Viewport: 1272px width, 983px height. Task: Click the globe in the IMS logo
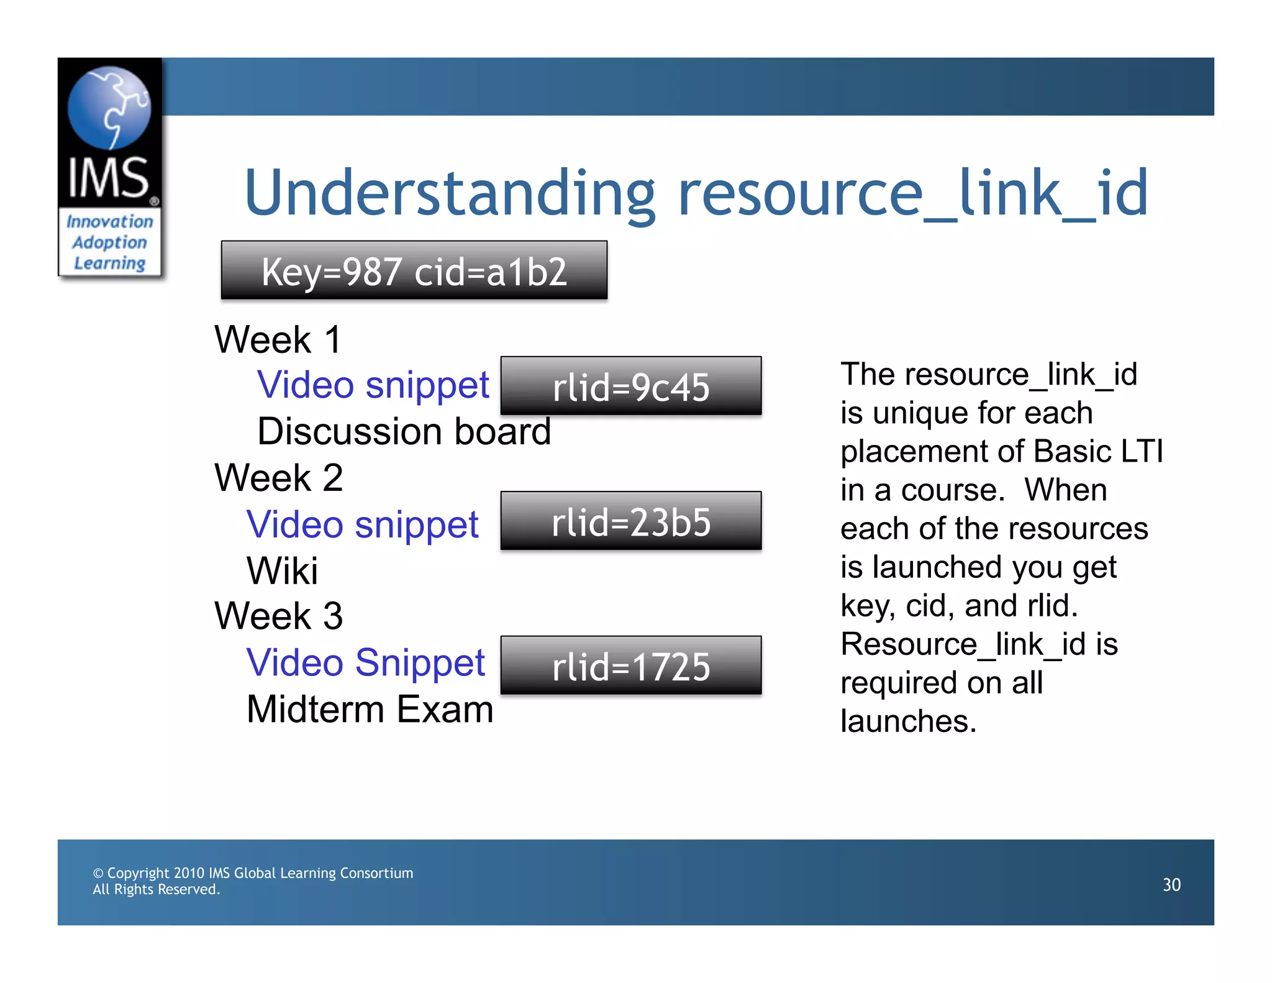[x=109, y=107]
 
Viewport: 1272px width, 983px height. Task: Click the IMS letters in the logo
[x=109, y=178]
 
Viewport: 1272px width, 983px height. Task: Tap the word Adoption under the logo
[x=109, y=242]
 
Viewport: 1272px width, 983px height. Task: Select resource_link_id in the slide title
[x=912, y=194]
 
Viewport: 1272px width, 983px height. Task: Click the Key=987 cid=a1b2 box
[x=414, y=271]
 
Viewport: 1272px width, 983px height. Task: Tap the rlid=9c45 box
[x=631, y=386]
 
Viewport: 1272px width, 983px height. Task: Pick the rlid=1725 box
[x=631, y=666]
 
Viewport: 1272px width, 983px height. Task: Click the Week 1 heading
[x=278, y=340]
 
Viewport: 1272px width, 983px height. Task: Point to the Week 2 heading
[x=278, y=478]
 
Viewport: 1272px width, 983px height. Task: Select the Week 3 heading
[x=278, y=616]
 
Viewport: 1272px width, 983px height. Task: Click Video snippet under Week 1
[x=373, y=385]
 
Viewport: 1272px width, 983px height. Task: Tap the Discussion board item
[x=404, y=431]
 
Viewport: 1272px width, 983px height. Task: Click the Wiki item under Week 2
[x=282, y=570]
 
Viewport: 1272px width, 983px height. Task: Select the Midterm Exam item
[x=370, y=709]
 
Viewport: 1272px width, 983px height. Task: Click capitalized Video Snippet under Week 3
[x=365, y=662]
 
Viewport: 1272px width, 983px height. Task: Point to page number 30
[x=1171, y=885]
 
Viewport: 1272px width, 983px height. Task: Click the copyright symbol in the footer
[x=98, y=874]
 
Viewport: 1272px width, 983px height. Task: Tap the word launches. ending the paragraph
[x=908, y=721]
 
